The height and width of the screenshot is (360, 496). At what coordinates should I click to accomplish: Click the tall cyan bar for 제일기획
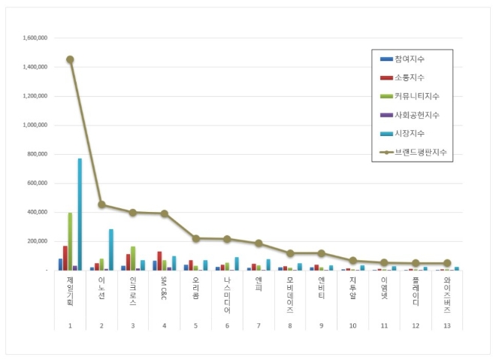80,214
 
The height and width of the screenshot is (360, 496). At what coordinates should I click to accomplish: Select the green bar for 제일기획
70,241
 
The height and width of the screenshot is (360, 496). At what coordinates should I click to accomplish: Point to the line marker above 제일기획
70,59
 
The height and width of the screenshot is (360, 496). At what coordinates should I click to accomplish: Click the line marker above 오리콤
195,238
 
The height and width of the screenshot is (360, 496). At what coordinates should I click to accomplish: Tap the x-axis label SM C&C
164,289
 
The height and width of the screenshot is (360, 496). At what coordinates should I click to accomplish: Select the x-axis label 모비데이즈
289,293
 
